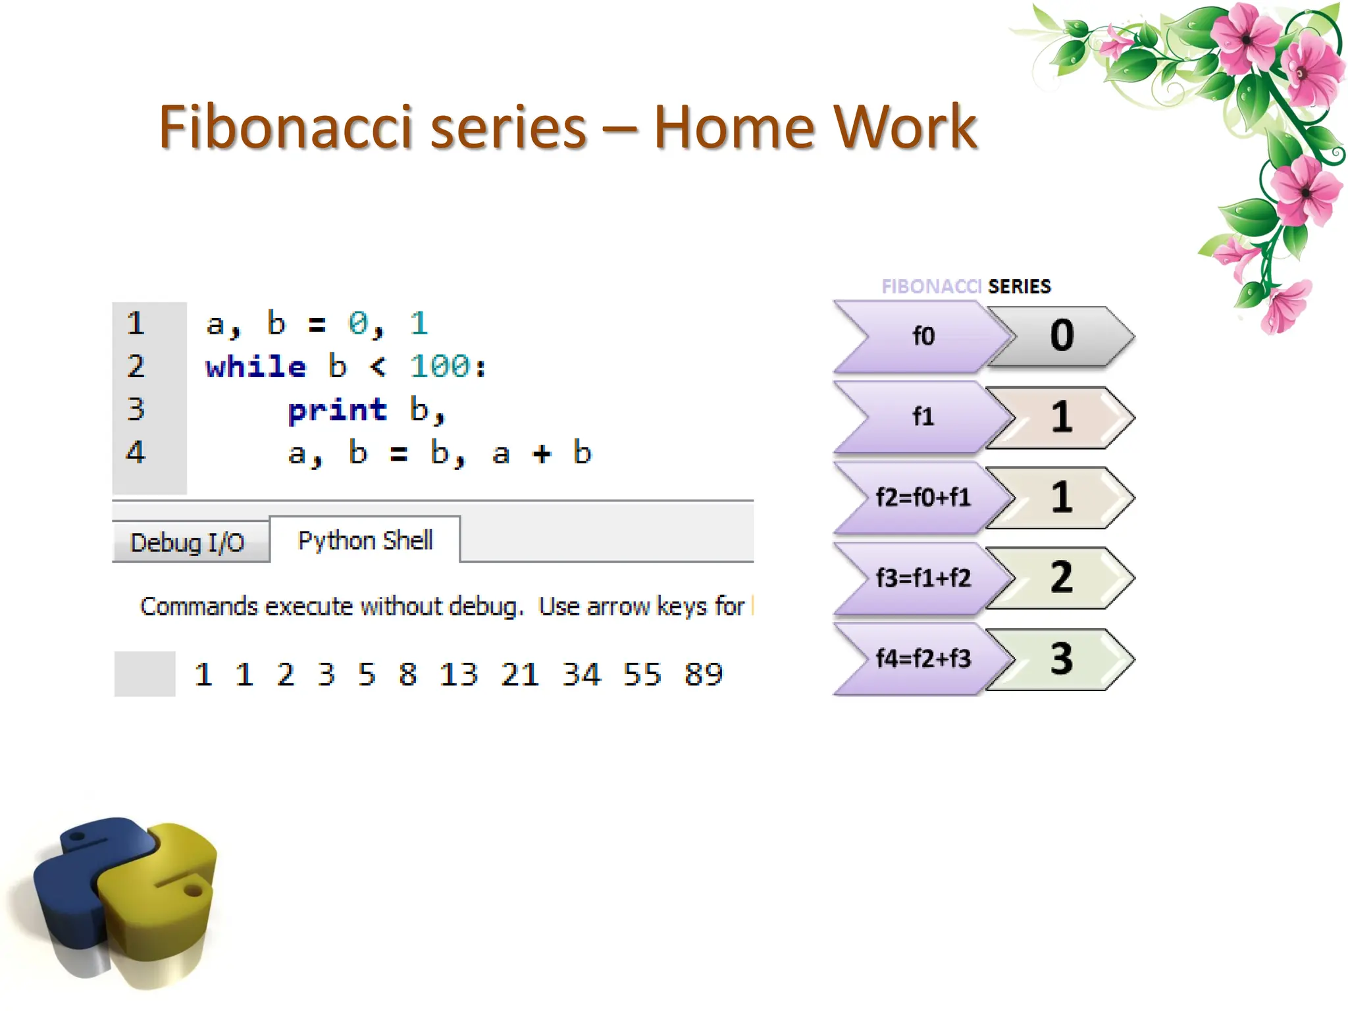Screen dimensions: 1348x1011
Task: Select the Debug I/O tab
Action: tap(188, 542)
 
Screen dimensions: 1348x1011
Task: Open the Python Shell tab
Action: tap(365, 540)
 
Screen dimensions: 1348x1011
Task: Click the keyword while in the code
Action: tap(255, 367)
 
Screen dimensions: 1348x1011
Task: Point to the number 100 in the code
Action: tap(440, 367)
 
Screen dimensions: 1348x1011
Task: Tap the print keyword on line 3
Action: tap(337, 410)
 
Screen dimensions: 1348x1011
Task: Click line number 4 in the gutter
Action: tap(136, 452)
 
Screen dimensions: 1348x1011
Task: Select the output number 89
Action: tap(703, 675)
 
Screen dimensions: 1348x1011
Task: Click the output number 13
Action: tap(458, 675)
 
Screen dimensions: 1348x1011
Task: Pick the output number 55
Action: tap(642, 675)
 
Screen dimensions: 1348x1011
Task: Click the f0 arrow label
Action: tap(923, 336)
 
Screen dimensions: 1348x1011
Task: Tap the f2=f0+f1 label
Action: tap(923, 498)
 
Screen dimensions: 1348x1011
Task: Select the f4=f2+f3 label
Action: tap(923, 658)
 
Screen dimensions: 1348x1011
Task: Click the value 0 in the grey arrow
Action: tap(1062, 335)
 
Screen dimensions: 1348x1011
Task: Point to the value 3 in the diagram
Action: tap(1061, 658)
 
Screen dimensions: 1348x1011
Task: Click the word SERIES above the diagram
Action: tap(1020, 286)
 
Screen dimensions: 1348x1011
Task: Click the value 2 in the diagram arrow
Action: tap(1061, 577)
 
